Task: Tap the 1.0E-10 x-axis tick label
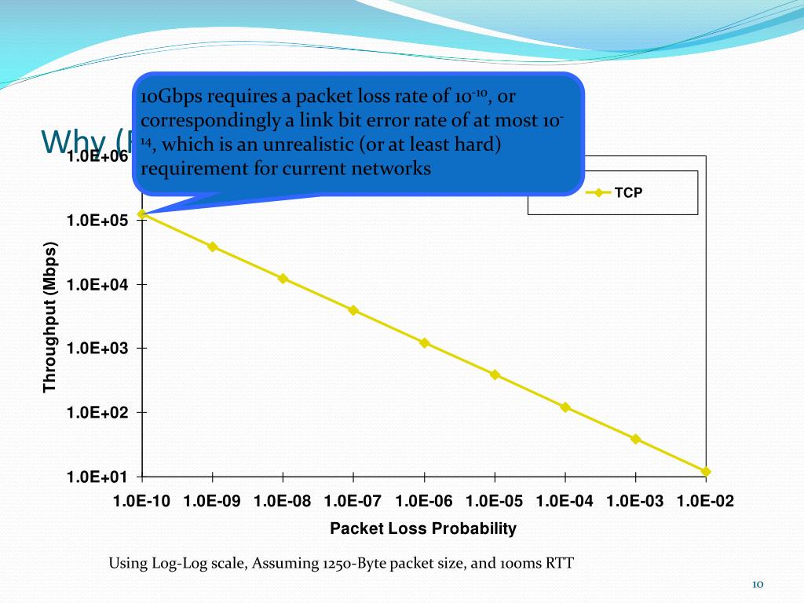(x=141, y=502)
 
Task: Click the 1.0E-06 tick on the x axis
(x=424, y=502)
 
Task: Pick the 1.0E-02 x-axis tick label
(x=705, y=502)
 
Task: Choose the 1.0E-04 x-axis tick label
(x=565, y=502)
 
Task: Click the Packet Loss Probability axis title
(x=423, y=528)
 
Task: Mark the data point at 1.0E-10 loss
(x=141, y=214)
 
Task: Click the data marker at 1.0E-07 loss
(x=353, y=310)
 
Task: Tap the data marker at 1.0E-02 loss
(x=706, y=472)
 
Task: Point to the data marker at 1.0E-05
(x=495, y=375)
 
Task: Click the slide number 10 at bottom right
(x=758, y=584)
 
